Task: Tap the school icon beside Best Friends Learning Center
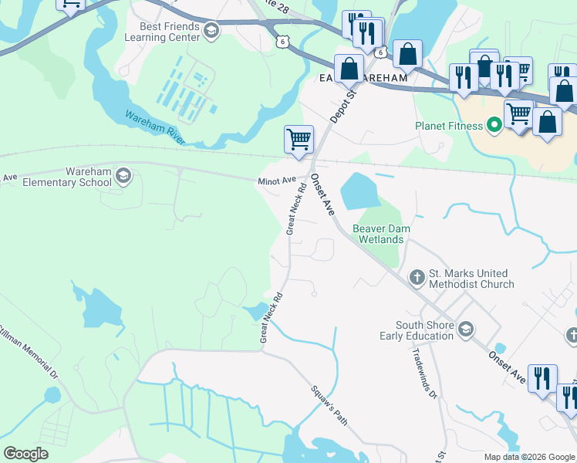[x=213, y=31]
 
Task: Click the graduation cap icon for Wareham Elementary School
[x=123, y=177]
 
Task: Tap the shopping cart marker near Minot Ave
[x=299, y=140]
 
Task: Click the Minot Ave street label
[x=277, y=181]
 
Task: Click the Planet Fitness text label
[x=447, y=125]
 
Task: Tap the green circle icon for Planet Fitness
[x=493, y=125]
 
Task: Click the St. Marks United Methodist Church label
[x=471, y=279]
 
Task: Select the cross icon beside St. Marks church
[x=417, y=276]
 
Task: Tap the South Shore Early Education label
[x=417, y=330]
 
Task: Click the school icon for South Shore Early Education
[x=465, y=330]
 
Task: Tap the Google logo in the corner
[x=25, y=454]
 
